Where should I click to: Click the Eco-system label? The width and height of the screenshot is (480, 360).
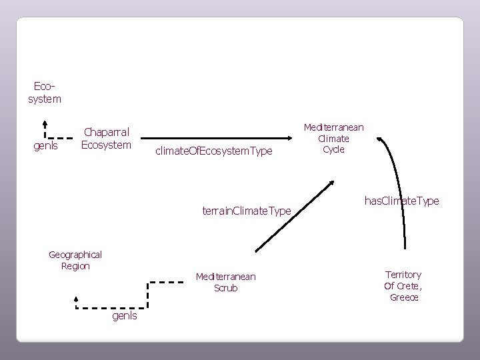[x=47, y=93]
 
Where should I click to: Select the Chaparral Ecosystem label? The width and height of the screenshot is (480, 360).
[x=106, y=138]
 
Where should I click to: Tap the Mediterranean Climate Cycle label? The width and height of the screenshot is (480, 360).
[x=333, y=138]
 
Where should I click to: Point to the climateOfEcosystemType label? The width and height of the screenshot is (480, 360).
[x=213, y=151]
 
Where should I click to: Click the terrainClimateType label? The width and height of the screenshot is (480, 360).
[x=246, y=211]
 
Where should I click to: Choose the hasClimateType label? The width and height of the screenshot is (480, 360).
[x=402, y=200]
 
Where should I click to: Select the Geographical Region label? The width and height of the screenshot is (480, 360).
[x=75, y=260]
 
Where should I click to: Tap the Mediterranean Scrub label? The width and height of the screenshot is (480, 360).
[x=225, y=282]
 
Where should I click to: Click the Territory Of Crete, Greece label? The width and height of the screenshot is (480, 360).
[x=403, y=285]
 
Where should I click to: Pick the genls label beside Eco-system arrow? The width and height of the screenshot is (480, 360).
[x=46, y=145]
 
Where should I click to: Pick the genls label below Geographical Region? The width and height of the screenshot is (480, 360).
[x=125, y=315]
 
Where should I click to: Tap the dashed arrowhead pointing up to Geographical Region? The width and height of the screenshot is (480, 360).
[x=77, y=300]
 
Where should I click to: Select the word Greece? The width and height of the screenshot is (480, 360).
[x=404, y=297]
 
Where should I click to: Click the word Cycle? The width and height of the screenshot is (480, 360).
[x=333, y=149]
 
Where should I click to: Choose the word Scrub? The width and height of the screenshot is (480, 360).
[x=225, y=288]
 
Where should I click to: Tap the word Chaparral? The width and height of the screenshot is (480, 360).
[x=106, y=132]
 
